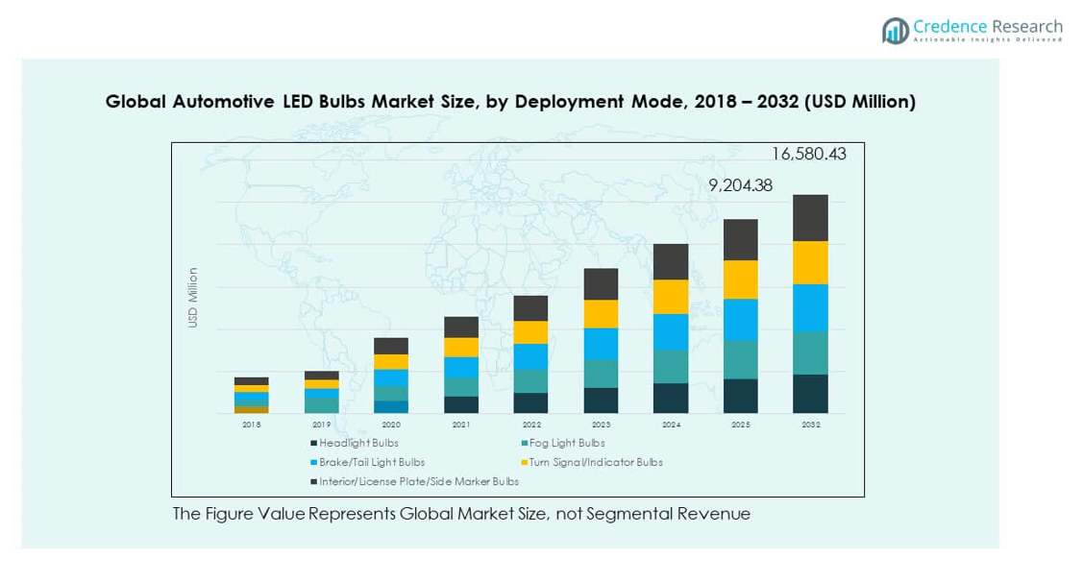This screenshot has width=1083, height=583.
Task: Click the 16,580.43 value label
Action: click(809, 154)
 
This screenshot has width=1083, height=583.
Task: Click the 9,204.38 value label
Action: click(740, 186)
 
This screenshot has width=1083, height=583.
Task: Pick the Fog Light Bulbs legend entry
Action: click(567, 444)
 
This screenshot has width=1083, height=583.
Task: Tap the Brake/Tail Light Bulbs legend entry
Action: click(371, 463)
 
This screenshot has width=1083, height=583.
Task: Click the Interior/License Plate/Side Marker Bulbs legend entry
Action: click(418, 482)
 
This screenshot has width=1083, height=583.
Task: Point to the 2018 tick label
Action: click(252, 425)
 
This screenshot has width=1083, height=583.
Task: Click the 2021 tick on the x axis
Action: click(461, 425)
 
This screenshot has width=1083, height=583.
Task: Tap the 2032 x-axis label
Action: click(810, 425)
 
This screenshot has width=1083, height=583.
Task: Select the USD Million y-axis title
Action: click(193, 298)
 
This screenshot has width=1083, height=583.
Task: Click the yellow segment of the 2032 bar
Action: click(810, 262)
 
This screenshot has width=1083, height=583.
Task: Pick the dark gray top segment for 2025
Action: click(741, 239)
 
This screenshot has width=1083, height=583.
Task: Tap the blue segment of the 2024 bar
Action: click(671, 331)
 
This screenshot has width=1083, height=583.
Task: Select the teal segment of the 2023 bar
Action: click(602, 374)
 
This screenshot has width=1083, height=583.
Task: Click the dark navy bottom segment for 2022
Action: click(531, 403)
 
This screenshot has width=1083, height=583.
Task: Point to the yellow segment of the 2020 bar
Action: click(391, 362)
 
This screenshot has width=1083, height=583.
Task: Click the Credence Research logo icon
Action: click(896, 31)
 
